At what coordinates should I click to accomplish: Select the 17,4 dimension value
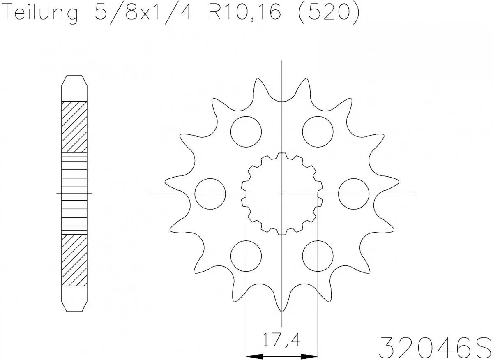[x=281, y=340]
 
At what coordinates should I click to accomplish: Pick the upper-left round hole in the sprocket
[x=246, y=131]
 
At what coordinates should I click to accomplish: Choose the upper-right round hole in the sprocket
[x=318, y=131]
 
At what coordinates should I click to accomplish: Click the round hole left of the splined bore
[x=210, y=194]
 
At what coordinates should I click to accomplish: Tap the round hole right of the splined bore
[x=354, y=194]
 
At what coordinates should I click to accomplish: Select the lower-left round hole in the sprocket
[x=246, y=256]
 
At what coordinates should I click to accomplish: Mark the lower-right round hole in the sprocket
[x=318, y=256]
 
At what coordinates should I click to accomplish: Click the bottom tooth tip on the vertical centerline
[x=282, y=310]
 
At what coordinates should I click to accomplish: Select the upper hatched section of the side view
[x=74, y=126]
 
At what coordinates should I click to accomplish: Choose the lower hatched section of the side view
[x=74, y=260]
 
